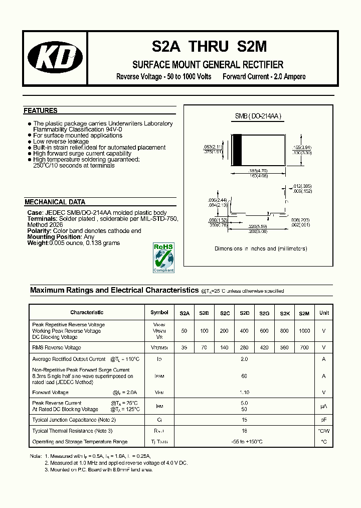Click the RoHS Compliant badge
pyautogui.click(x=163, y=258)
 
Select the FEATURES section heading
pyautogui.click(x=41, y=110)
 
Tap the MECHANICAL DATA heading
pyautogui.click(x=55, y=202)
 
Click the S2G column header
pyautogui.click(x=264, y=313)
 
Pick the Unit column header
pyautogui.click(x=324, y=313)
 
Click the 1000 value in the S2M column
pyautogui.click(x=304, y=331)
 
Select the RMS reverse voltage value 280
pyautogui.click(x=245, y=347)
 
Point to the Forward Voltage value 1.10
pyautogui.click(x=245, y=393)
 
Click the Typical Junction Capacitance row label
pyautogui.click(x=74, y=420)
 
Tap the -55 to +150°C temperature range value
pyautogui.click(x=245, y=442)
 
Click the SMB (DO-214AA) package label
pyautogui.click(x=258, y=116)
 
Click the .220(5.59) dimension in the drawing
pyautogui.click(x=259, y=226)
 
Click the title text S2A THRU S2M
pyautogui.click(x=210, y=47)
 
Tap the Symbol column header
pyautogui.click(x=159, y=313)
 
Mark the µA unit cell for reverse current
pyautogui.click(x=324, y=406)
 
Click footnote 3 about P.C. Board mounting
pyautogui.click(x=99, y=470)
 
